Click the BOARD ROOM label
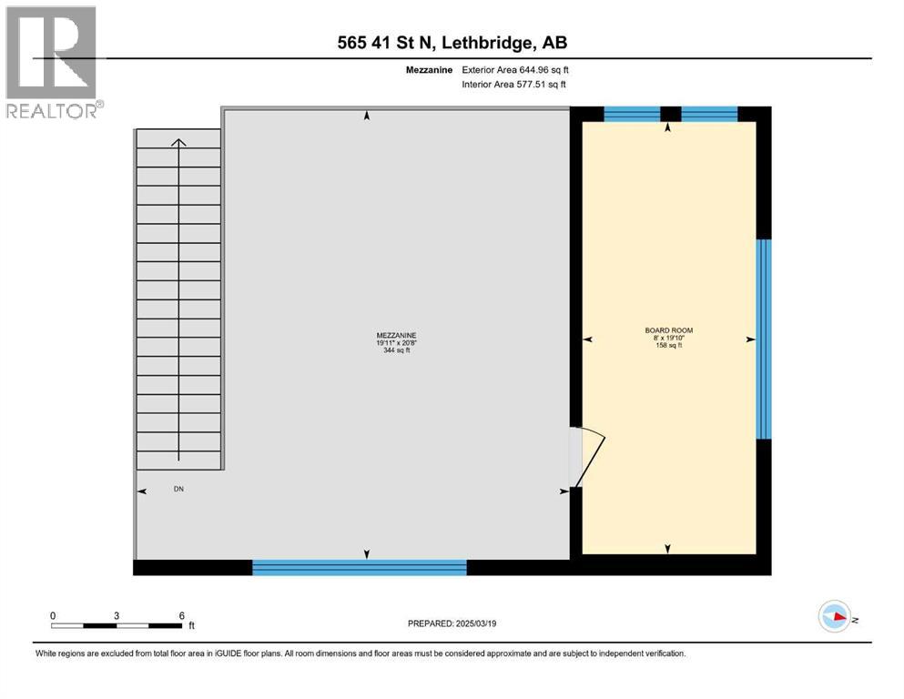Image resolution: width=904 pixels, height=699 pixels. pos(668,329)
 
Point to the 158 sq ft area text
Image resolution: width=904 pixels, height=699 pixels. pos(668,346)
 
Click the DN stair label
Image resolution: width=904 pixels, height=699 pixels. pos(179,490)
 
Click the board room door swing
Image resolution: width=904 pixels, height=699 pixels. pos(590,455)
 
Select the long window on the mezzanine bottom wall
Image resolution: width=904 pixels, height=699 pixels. pos(359,567)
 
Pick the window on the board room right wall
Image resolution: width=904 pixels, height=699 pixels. pos(764,339)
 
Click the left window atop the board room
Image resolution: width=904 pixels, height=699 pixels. pos(632,114)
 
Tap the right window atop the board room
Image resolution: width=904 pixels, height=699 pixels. pos(709,114)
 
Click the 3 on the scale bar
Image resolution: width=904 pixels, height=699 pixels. pos(117,614)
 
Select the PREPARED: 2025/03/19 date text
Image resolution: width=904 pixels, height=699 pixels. pos(452,623)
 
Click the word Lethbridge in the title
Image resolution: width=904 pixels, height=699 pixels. pos(493,43)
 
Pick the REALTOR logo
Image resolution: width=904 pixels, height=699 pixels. pos(53,63)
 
